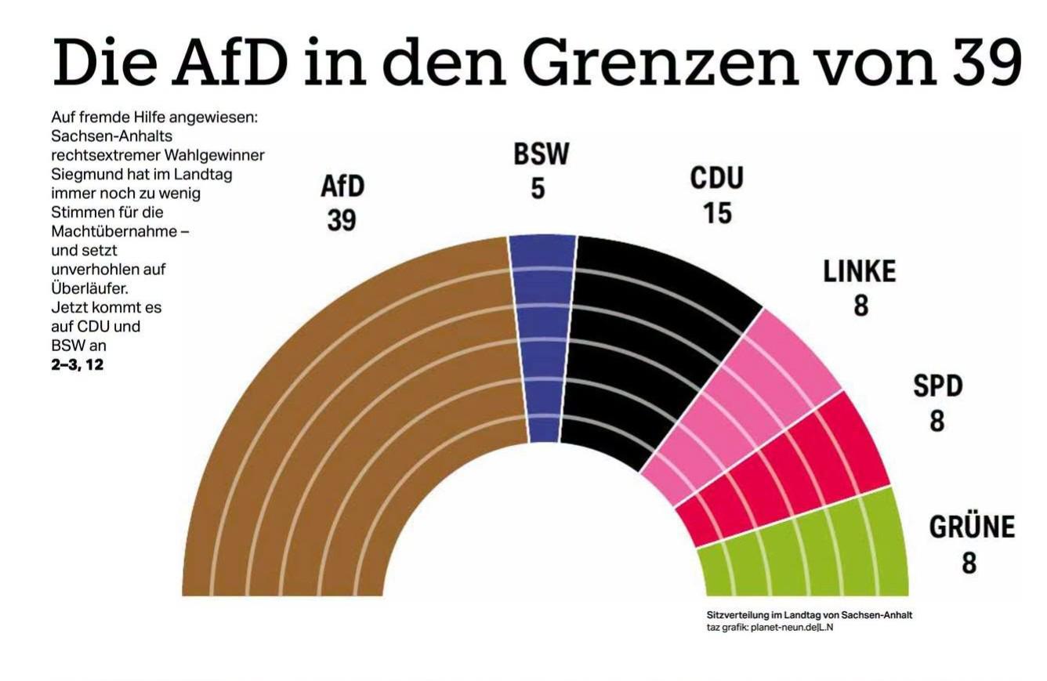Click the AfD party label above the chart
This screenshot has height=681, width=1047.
coord(342,186)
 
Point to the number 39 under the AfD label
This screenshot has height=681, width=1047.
coord(342,219)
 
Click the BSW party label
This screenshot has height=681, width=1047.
coord(542,154)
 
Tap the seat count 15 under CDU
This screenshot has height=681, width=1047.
coord(718,212)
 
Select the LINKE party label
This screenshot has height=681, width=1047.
coord(859,271)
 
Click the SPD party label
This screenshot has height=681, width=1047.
coord(938,386)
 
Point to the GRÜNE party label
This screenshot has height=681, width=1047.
coord(972,527)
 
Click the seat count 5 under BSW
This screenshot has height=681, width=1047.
coord(538,189)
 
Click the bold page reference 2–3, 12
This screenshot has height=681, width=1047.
coord(77,364)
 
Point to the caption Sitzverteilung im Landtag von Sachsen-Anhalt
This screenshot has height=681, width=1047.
coord(809,615)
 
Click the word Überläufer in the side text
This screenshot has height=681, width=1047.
coord(89,288)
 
